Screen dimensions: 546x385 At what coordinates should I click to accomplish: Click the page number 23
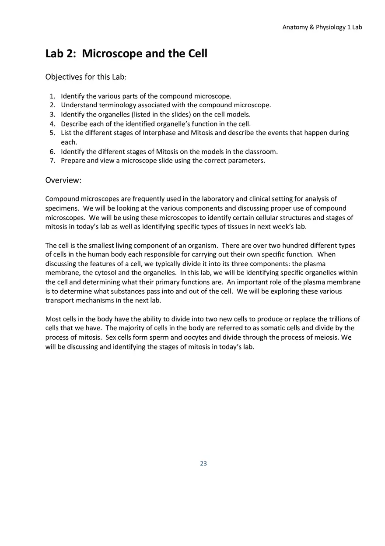point(203,463)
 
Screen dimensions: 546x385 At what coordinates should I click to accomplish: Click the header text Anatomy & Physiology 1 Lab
point(322,27)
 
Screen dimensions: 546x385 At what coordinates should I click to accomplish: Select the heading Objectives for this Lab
point(86,77)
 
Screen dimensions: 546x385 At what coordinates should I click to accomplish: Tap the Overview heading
point(63,180)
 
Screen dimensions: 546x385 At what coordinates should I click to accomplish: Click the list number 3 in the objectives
point(52,114)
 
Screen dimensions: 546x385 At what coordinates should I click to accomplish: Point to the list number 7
point(52,160)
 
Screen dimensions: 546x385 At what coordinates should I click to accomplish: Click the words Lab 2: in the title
point(61,54)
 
